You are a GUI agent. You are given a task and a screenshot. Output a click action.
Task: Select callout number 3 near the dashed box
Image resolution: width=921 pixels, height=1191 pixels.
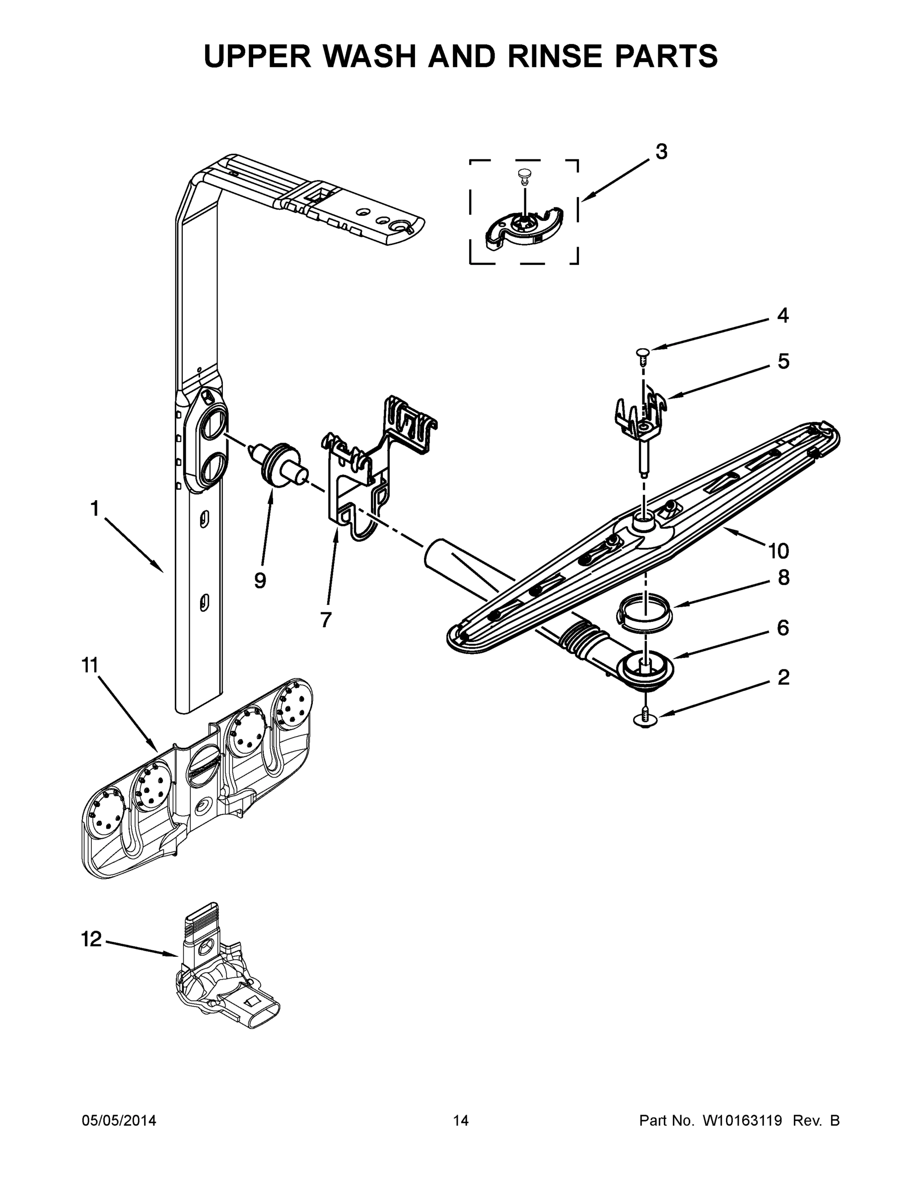point(661,152)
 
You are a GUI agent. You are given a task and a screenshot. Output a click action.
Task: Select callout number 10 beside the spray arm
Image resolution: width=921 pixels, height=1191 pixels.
point(779,551)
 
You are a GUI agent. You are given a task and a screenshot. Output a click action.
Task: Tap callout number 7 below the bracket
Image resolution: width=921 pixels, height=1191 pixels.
point(326,619)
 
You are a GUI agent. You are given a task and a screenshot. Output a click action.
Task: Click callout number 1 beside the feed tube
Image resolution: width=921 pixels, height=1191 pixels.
point(95,509)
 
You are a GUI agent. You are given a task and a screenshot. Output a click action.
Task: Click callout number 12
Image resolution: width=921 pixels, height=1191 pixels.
point(92,939)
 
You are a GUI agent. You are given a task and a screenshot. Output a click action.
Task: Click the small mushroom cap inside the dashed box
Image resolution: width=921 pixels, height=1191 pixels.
point(524,175)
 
